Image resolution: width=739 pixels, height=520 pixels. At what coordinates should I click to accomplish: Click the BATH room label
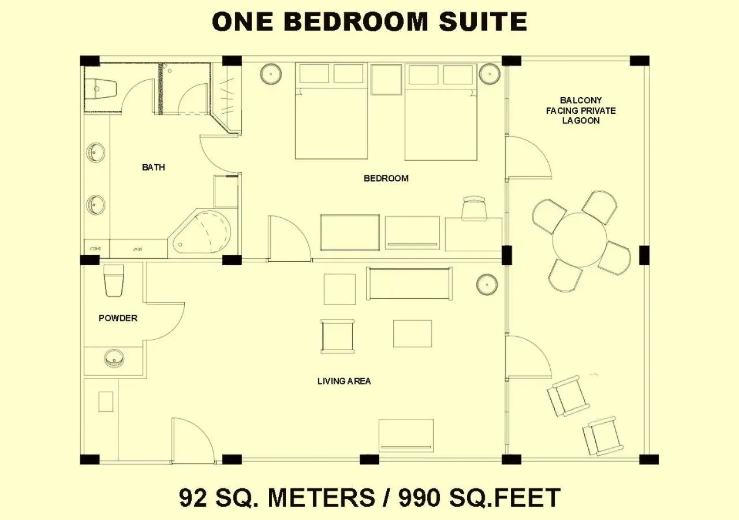pyautogui.click(x=153, y=168)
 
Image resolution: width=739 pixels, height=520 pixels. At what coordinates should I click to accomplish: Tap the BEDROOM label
pyautogui.click(x=386, y=179)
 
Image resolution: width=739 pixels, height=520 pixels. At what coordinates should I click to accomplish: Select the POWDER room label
pyautogui.click(x=118, y=318)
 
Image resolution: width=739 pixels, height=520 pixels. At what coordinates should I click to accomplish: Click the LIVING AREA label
pyautogui.click(x=344, y=381)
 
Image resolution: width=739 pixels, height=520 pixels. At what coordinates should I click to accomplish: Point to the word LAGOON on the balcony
pyautogui.click(x=581, y=121)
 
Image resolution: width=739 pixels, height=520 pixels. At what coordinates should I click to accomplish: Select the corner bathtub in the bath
pyautogui.click(x=205, y=234)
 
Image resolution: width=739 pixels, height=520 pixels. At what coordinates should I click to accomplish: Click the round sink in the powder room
pyautogui.click(x=115, y=359)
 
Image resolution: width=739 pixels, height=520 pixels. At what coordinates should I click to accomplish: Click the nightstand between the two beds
pyautogui.click(x=386, y=79)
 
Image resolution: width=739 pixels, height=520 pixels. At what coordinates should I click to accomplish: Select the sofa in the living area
pyautogui.click(x=409, y=283)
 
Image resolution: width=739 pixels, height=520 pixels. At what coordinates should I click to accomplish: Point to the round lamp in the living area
pyautogui.click(x=487, y=284)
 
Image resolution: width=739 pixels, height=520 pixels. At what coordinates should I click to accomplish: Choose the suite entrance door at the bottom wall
pyautogui.click(x=192, y=440)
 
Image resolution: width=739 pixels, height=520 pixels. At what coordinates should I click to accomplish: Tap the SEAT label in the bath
pyautogui.click(x=137, y=249)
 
